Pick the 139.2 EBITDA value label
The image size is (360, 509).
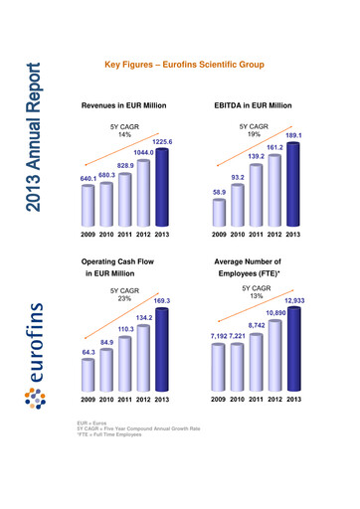[x=257, y=157]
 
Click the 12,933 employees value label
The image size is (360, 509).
[x=294, y=300]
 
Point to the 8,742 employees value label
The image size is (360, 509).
[x=257, y=325]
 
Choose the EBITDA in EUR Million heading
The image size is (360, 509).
[x=253, y=104]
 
